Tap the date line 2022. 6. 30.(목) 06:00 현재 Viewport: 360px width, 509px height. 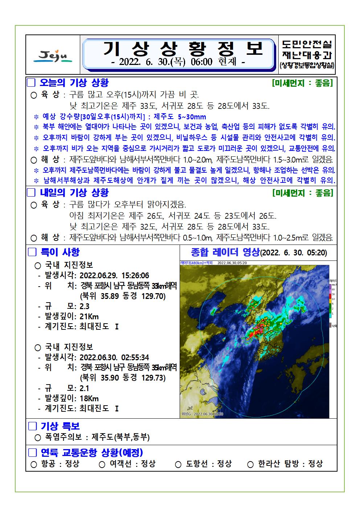point(178,62)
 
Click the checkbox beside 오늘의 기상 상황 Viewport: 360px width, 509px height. point(32,83)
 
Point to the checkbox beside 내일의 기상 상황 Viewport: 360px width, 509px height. point(32,193)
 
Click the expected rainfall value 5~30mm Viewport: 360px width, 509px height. point(192,117)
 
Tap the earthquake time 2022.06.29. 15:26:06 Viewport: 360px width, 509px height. point(114,276)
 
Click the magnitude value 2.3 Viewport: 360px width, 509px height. point(84,306)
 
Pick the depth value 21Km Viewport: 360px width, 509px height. point(89,316)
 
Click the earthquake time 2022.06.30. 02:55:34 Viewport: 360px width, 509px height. point(114,358)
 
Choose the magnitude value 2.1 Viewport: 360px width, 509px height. point(84,388)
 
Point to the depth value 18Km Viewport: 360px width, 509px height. point(89,398)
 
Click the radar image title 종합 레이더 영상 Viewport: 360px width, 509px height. point(225,252)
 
